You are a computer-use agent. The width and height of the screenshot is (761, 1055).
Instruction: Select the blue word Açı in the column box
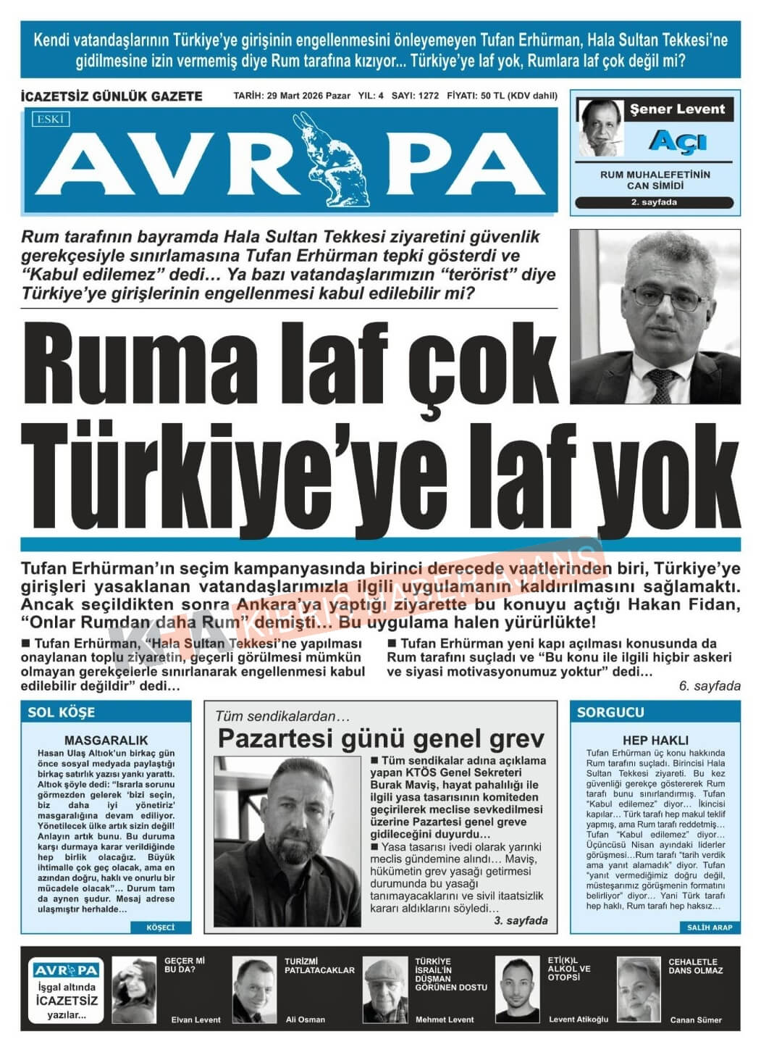[x=676, y=141]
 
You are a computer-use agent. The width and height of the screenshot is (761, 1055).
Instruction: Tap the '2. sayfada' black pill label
[x=654, y=203]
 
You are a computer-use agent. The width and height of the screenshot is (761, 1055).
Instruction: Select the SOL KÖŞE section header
[x=62, y=712]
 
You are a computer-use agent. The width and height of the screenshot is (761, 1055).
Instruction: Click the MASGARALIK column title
[x=106, y=740]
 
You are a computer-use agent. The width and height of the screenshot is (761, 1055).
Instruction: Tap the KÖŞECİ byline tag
[x=160, y=927]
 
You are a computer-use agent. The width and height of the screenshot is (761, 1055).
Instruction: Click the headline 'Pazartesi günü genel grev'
[x=381, y=739]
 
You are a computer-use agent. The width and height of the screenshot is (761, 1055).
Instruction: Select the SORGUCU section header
[x=610, y=712]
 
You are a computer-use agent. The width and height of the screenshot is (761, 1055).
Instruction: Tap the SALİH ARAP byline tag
[x=710, y=927]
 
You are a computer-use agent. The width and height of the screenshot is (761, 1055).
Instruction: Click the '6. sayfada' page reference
[x=710, y=685]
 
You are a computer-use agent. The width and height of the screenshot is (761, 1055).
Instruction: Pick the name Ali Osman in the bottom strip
[x=306, y=1019]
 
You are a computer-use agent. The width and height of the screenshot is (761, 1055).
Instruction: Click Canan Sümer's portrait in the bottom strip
[x=638, y=989]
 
